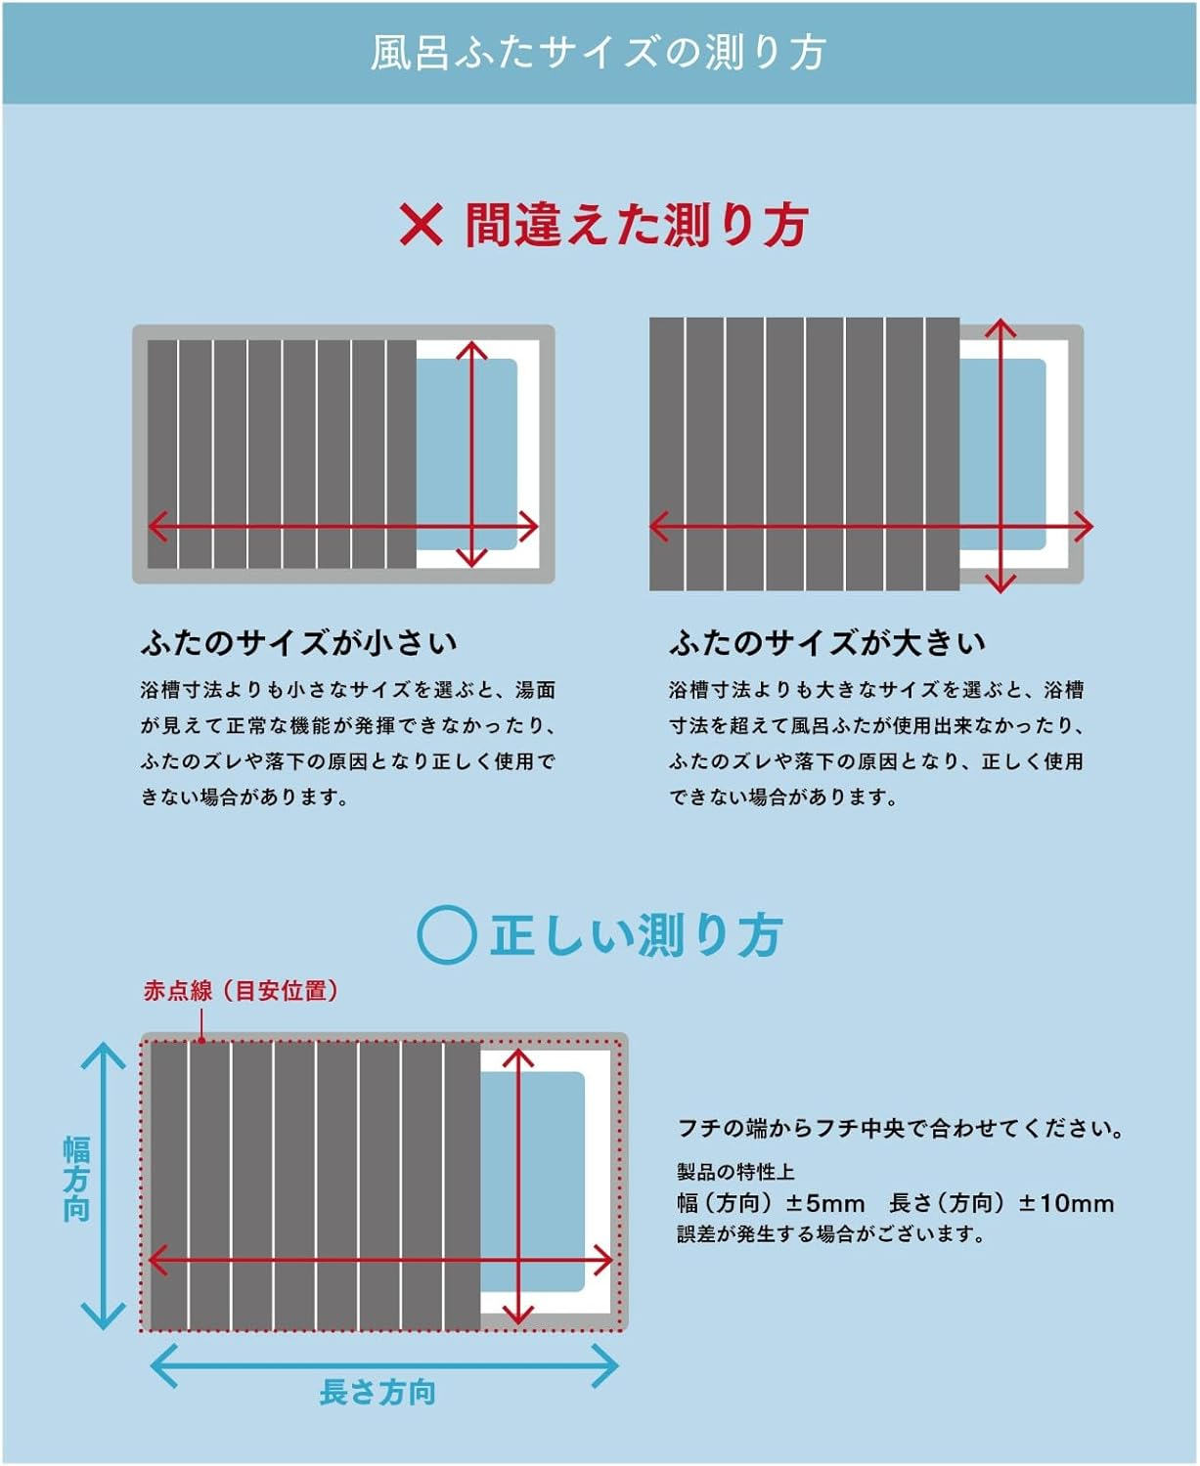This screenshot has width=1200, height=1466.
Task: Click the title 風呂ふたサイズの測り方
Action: pos(599,52)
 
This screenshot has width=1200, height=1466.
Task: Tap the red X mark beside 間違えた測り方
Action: pos(421,225)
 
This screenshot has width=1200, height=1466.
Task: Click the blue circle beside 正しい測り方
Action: pos(447,934)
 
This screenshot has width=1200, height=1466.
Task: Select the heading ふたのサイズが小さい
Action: pos(299,642)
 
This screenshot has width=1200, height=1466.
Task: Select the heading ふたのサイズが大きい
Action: pos(827,642)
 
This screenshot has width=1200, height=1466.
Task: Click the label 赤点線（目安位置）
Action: pos(242,991)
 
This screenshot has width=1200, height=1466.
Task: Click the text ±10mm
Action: pos(1066,1203)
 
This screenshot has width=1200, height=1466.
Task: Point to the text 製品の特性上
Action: pos(735,1172)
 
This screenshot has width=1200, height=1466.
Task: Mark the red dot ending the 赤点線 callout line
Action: pos(201,1041)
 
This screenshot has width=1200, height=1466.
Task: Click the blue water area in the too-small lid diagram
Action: pos(467,454)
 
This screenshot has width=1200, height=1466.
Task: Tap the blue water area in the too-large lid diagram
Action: pos(1002,454)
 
